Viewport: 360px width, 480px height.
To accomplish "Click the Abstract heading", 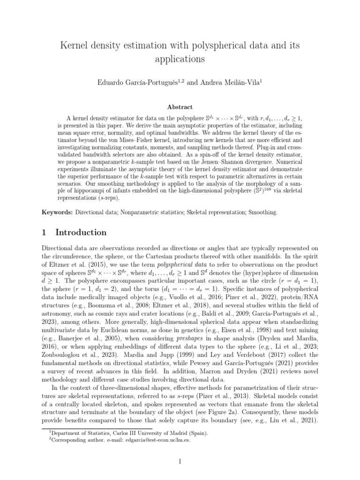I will [180, 107].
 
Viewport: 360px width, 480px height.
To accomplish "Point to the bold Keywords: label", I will [57, 212].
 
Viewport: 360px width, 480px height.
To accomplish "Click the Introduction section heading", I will [81, 232].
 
